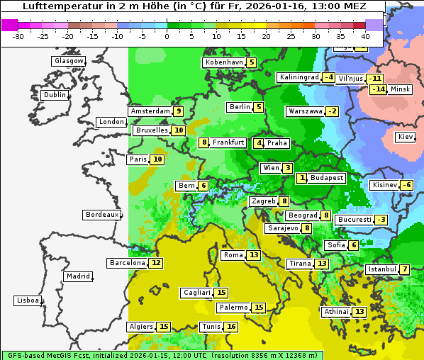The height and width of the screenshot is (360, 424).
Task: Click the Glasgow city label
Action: (x=68, y=61)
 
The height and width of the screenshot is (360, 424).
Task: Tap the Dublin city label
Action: (x=54, y=95)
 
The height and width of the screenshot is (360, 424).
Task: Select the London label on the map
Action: (x=111, y=122)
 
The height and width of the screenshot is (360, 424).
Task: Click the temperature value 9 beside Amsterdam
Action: (x=179, y=111)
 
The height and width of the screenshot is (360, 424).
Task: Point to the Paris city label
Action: (x=138, y=159)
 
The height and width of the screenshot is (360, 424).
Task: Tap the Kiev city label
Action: (x=406, y=136)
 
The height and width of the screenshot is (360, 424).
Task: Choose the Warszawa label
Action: (x=305, y=111)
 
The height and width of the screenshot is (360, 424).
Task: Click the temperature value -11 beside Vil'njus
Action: (x=374, y=78)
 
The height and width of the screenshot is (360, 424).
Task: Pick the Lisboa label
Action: (x=27, y=300)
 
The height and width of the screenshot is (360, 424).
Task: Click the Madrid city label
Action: (x=78, y=276)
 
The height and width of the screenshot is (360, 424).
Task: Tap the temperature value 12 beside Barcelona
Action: (x=156, y=263)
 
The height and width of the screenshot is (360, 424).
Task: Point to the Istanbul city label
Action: (x=382, y=269)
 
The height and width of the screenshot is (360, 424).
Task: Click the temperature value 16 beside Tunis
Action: (x=231, y=327)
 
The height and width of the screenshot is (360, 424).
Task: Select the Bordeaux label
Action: (x=101, y=215)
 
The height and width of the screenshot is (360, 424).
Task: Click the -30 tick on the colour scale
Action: (x=18, y=36)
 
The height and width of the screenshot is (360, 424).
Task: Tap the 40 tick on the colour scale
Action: (x=366, y=36)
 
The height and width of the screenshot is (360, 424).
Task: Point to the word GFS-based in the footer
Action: (x=26, y=355)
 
